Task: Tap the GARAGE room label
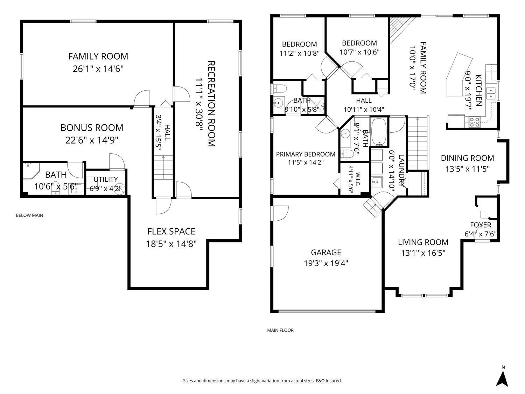[326, 253]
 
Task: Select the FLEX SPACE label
[171, 231]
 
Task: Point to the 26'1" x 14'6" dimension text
[98, 69]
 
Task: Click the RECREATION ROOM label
[211, 104]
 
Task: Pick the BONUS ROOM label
[92, 128]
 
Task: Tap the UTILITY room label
[105, 179]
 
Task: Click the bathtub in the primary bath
[379, 131]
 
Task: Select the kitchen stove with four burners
[474, 122]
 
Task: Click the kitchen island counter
[459, 75]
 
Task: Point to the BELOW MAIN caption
[29, 215]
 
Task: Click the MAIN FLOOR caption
[280, 330]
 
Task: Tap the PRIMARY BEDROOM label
[306, 154]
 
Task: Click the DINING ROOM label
[467, 158]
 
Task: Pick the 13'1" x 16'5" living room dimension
[423, 253]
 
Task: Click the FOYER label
[481, 225]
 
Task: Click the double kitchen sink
[490, 93]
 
